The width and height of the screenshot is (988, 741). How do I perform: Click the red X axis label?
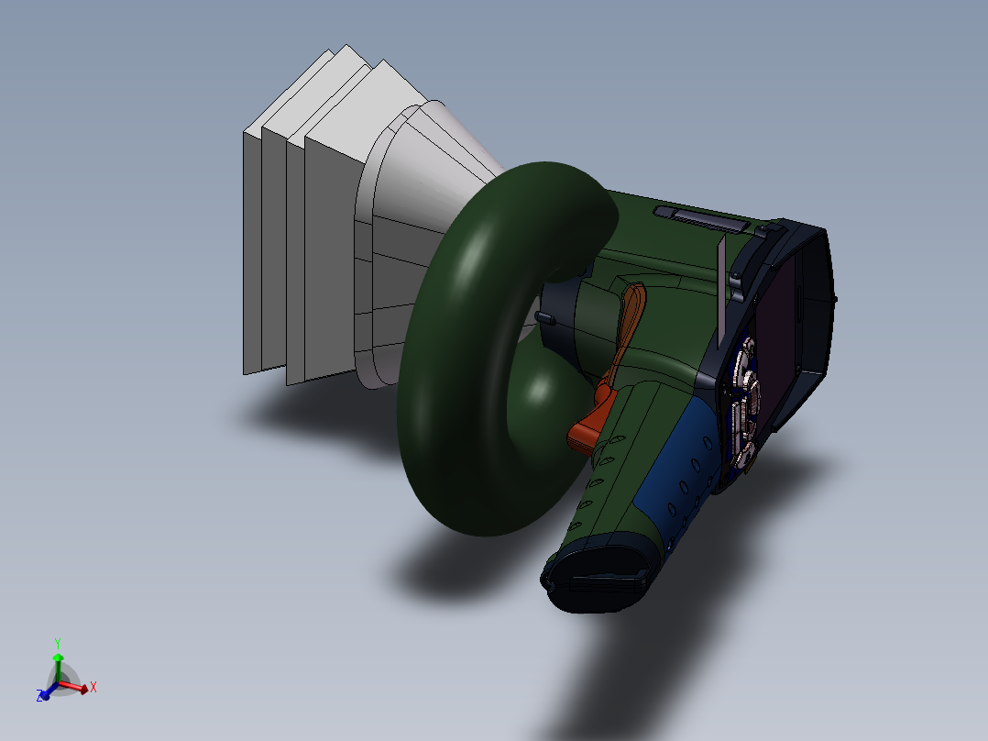click(93, 686)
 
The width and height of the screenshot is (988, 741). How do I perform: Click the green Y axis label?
click(57, 643)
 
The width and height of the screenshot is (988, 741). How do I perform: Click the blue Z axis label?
click(40, 696)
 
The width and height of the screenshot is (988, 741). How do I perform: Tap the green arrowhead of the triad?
click(58, 658)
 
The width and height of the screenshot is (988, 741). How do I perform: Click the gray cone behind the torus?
click(431, 183)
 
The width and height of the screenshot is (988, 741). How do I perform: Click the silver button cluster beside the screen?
click(744, 404)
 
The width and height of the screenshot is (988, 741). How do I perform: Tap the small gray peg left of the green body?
click(543, 316)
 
